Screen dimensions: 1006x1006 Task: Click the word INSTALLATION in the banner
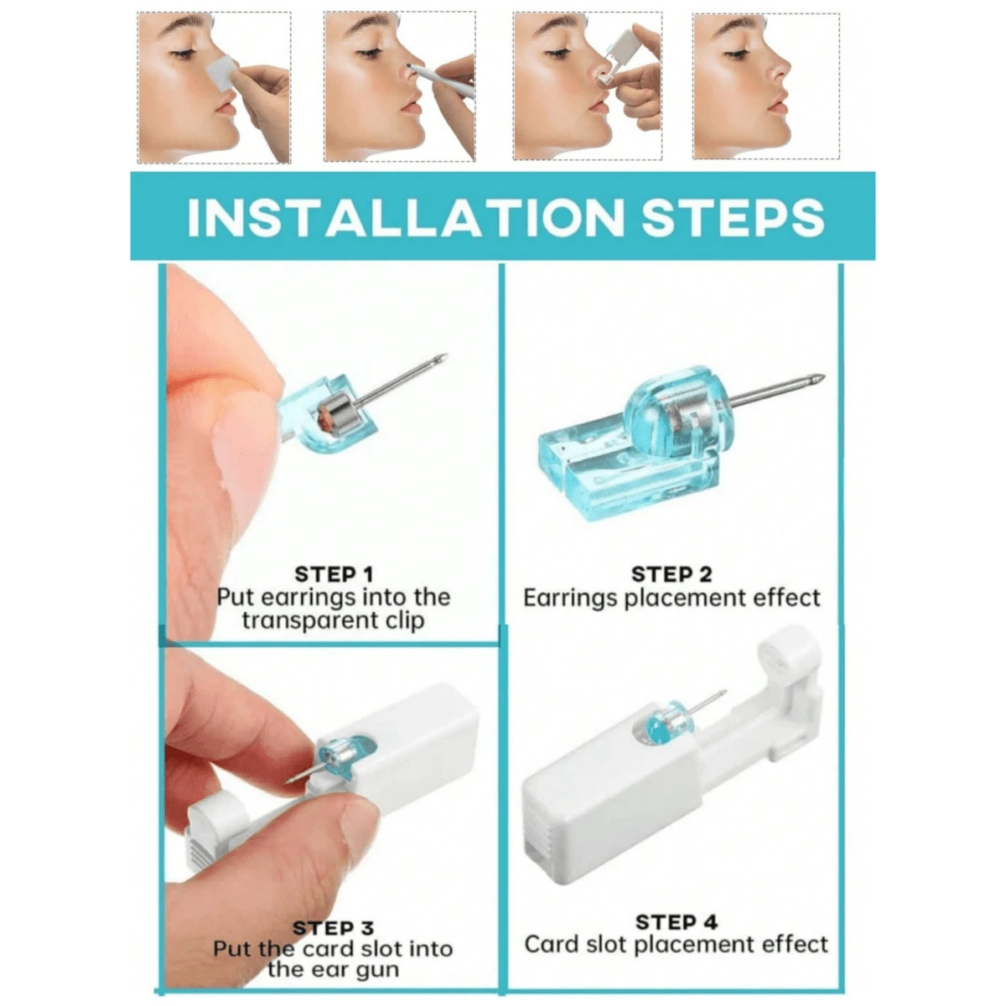[x=406, y=218]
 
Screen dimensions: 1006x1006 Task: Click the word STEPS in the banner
[x=733, y=218]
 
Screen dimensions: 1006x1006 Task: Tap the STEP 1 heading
[x=333, y=574]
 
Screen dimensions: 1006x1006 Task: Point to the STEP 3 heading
[x=333, y=928]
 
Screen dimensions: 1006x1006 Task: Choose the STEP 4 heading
[x=676, y=922]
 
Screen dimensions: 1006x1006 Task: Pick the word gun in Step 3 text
[x=378, y=970]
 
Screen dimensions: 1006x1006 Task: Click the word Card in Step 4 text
[x=549, y=945]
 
